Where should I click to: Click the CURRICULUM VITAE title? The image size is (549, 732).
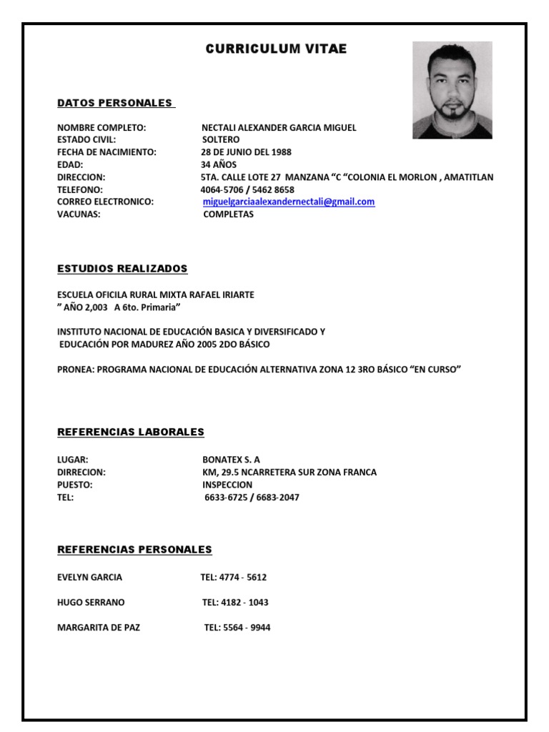coord(276,49)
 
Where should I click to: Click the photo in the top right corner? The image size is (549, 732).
coord(452,90)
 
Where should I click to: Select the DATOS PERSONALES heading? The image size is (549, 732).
coord(115,103)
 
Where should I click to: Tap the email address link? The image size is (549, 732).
coord(289,202)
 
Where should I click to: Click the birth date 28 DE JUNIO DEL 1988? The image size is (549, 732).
coord(246,152)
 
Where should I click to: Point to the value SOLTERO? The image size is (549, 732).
coord(221,140)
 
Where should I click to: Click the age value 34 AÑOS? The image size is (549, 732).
coord(219,164)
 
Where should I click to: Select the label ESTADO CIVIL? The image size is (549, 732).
coord(86,140)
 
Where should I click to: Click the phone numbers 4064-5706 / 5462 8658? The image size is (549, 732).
coord(247,190)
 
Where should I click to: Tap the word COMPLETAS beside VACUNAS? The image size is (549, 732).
coord(228,214)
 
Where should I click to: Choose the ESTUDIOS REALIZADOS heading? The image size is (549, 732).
coord(122,269)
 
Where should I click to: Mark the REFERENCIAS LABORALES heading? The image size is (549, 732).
coord(131,432)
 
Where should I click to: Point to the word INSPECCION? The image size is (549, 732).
coord(227,485)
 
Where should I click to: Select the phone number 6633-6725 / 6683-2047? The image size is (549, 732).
coord(252,498)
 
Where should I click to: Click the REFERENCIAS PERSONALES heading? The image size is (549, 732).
coord(134,550)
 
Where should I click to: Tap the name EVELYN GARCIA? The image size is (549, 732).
coord(89,577)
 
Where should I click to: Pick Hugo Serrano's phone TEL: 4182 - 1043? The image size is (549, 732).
coord(235,603)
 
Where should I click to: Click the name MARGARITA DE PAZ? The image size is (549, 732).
coord(99,628)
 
